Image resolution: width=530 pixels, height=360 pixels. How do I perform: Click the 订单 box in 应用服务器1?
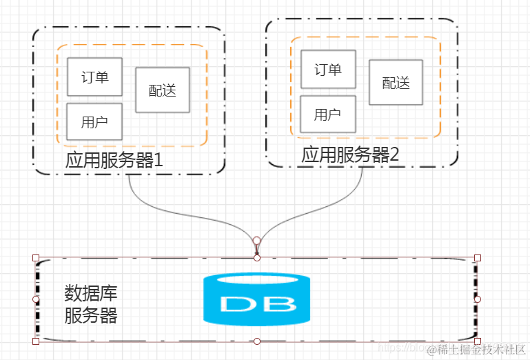pyautogui.click(x=94, y=77)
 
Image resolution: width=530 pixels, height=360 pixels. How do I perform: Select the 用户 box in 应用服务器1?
pyautogui.click(x=94, y=121)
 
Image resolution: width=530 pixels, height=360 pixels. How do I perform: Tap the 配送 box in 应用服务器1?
pyautogui.click(x=163, y=90)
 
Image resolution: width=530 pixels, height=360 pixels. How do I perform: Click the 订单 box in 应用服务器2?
pyautogui.click(x=328, y=69)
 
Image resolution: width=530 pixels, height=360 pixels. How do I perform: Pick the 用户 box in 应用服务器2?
pyautogui.click(x=328, y=114)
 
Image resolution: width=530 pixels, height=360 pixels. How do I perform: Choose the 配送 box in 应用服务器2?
pyautogui.click(x=396, y=83)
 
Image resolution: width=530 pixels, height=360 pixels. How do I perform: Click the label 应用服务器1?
pyautogui.click(x=114, y=160)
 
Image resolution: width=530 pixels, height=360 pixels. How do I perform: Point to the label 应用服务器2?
pyautogui.click(x=350, y=154)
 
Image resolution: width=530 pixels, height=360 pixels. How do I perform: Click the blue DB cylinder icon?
pyautogui.click(x=256, y=300)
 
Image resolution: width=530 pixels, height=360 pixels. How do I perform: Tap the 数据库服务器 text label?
pyautogui.click(x=91, y=304)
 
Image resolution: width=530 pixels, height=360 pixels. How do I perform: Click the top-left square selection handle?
pyautogui.click(x=36, y=258)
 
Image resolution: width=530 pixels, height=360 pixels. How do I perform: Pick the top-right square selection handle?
pyautogui.click(x=478, y=258)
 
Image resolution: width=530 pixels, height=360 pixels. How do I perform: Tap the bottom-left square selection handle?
pyautogui.click(x=36, y=341)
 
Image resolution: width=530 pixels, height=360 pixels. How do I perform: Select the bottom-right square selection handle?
pyautogui.click(x=478, y=341)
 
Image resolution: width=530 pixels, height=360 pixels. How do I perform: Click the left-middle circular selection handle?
pyautogui.click(x=36, y=299)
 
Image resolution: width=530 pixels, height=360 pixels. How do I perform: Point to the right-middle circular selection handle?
pyautogui.click(x=478, y=299)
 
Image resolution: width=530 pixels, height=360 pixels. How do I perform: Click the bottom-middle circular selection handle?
pyautogui.click(x=256, y=341)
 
